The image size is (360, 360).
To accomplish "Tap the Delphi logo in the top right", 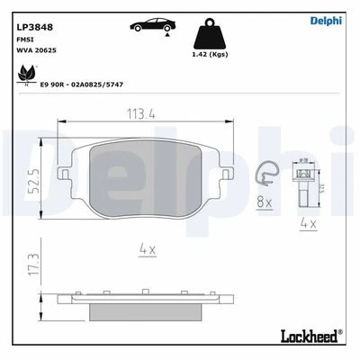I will pos(327,22).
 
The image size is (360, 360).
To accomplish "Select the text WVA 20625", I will pos(35,53).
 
